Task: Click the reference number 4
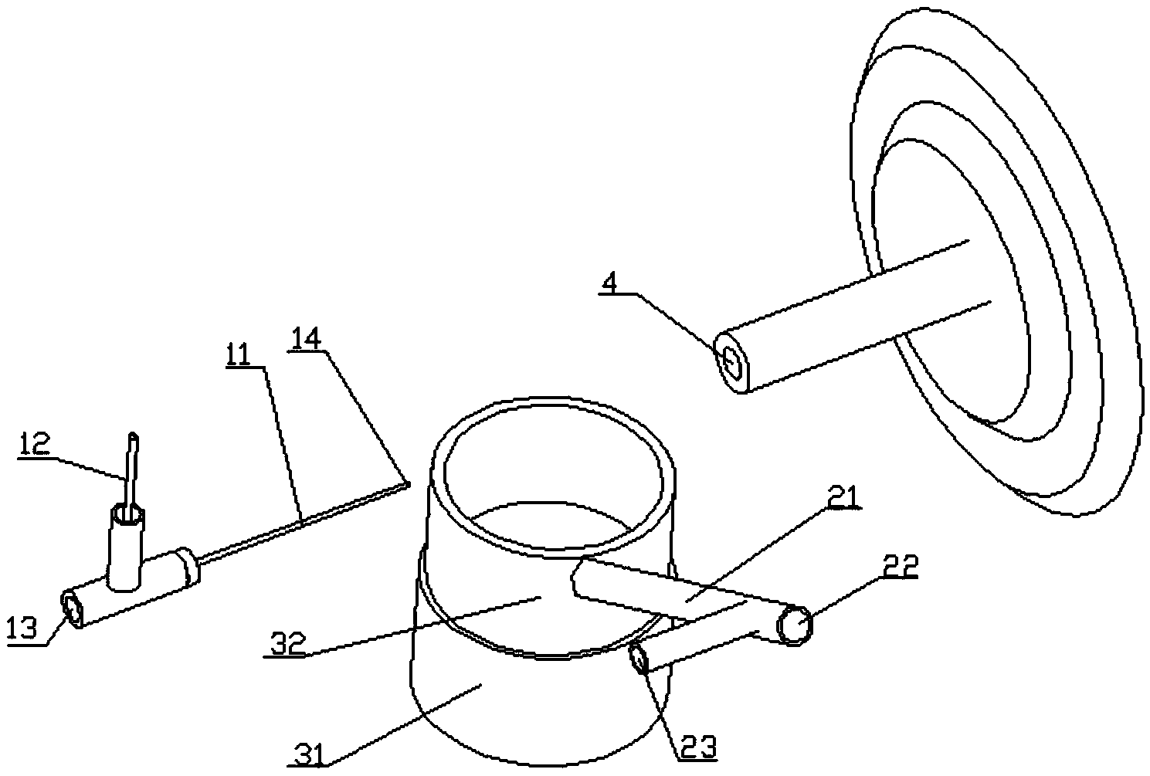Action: [609, 283]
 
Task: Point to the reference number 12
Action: [36, 445]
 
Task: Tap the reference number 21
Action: [844, 499]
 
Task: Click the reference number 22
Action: [901, 567]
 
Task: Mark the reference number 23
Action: [697, 747]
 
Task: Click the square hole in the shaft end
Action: [732, 361]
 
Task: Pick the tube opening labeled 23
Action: [640, 660]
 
